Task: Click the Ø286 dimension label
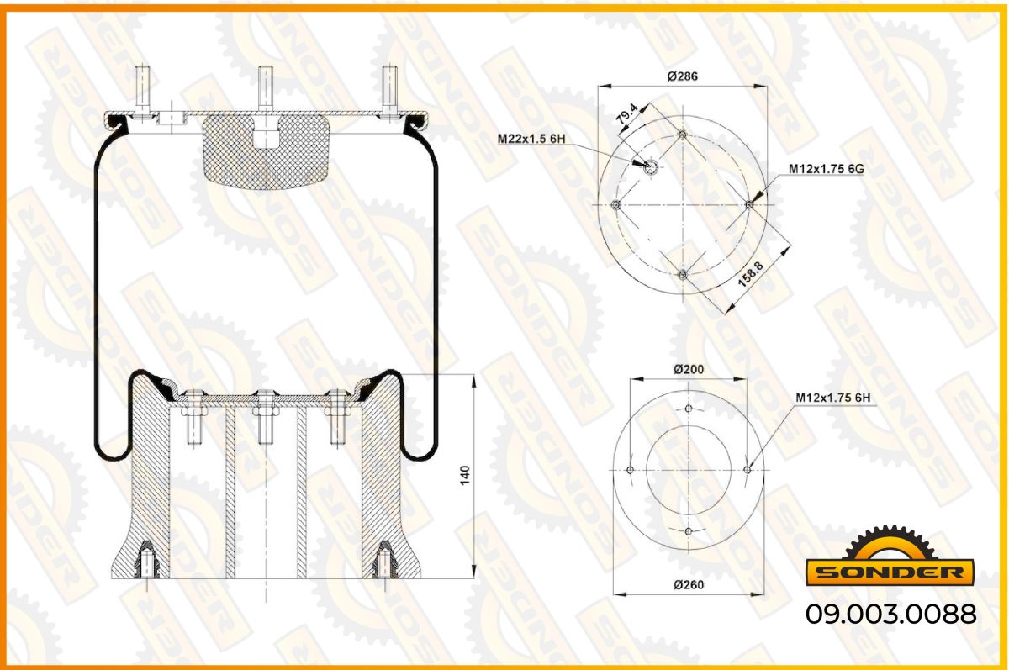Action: point(683,76)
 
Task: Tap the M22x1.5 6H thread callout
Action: point(531,138)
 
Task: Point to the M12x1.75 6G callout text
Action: point(826,169)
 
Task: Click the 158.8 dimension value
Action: point(751,274)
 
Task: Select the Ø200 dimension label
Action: point(689,369)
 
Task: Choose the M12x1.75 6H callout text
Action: point(833,398)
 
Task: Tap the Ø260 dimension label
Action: point(689,584)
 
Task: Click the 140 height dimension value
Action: point(465,476)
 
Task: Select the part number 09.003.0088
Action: point(891,614)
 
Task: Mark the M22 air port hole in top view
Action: point(651,167)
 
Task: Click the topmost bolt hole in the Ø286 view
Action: point(683,135)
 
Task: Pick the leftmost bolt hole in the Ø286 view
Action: point(616,205)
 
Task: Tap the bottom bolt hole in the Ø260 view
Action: point(689,531)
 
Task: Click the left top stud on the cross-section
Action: point(142,92)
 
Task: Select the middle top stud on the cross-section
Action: point(266,90)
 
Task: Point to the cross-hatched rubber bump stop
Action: point(266,152)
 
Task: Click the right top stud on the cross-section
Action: point(389,92)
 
